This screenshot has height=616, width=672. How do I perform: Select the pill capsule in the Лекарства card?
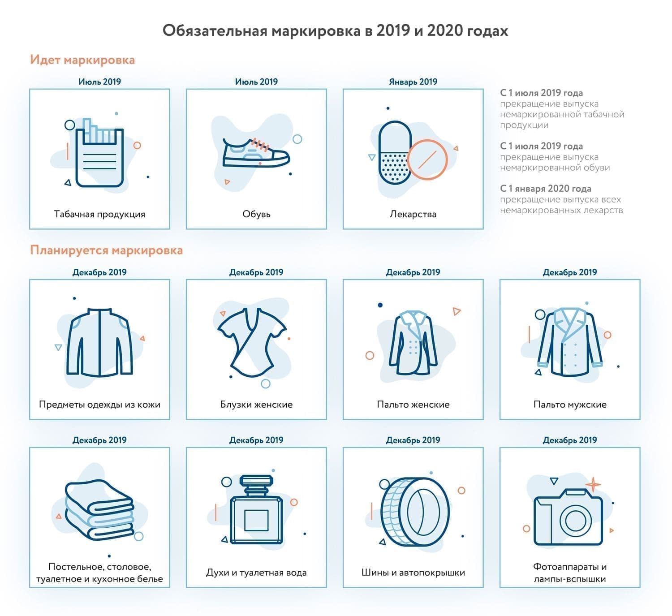click(394, 152)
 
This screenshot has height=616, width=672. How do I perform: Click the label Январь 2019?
click(413, 82)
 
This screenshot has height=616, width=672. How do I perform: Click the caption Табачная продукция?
click(99, 214)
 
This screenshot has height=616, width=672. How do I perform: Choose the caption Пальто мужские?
click(570, 405)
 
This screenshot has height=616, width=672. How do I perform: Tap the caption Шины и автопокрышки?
click(413, 573)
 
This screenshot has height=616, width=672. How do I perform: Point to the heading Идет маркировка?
click(82, 60)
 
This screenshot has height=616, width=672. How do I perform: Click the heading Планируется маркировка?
click(107, 250)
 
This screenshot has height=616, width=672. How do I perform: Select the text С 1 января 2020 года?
click(546, 189)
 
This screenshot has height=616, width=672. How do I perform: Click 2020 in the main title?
click(445, 30)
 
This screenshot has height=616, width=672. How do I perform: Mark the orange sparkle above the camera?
click(593, 484)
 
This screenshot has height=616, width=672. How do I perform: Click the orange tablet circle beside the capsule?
click(428, 159)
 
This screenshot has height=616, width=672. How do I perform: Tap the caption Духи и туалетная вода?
click(256, 573)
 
